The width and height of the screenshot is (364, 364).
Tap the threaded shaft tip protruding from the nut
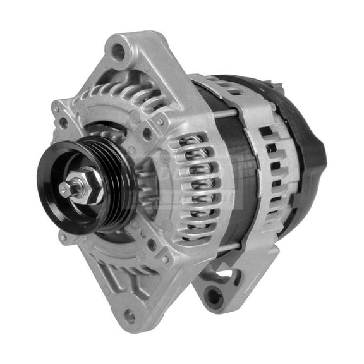click(65, 188)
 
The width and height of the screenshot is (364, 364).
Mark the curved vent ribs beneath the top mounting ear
click(126, 95)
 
